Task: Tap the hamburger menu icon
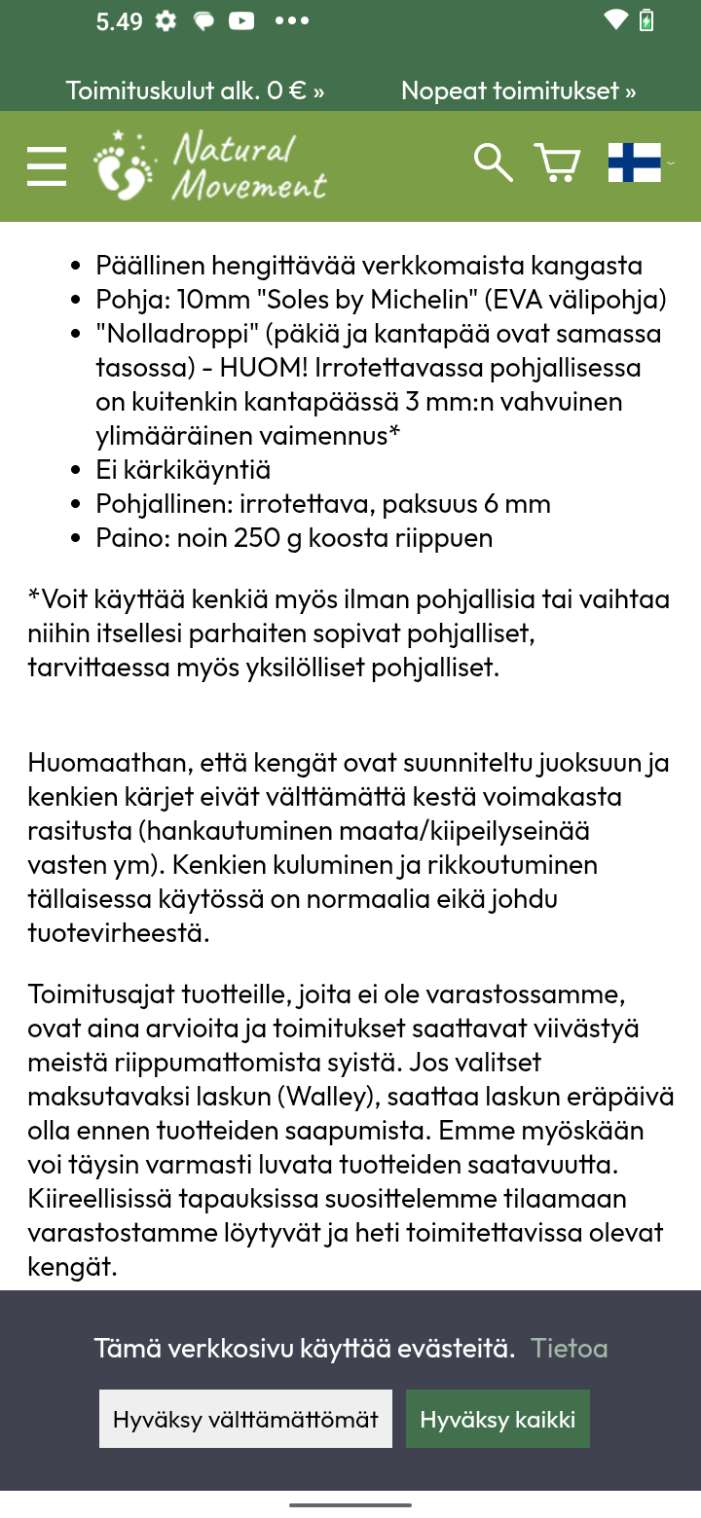pyautogui.click(x=47, y=166)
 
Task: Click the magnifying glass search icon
pyautogui.click(x=493, y=163)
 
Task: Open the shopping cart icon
pyautogui.click(x=557, y=163)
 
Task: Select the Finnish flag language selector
pyautogui.click(x=635, y=163)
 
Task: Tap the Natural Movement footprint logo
pyautogui.click(x=210, y=166)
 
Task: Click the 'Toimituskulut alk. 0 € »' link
pyautogui.click(x=195, y=90)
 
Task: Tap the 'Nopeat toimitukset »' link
pyautogui.click(x=518, y=90)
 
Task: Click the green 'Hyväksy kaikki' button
pyautogui.click(x=498, y=1419)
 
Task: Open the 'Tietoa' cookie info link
pyautogui.click(x=570, y=1348)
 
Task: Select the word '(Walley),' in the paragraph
pyautogui.click(x=329, y=1097)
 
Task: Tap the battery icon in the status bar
pyautogui.click(x=646, y=20)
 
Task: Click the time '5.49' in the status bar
pyautogui.click(x=119, y=21)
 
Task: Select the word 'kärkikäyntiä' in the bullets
pyautogui.click(x=197, y=470)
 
